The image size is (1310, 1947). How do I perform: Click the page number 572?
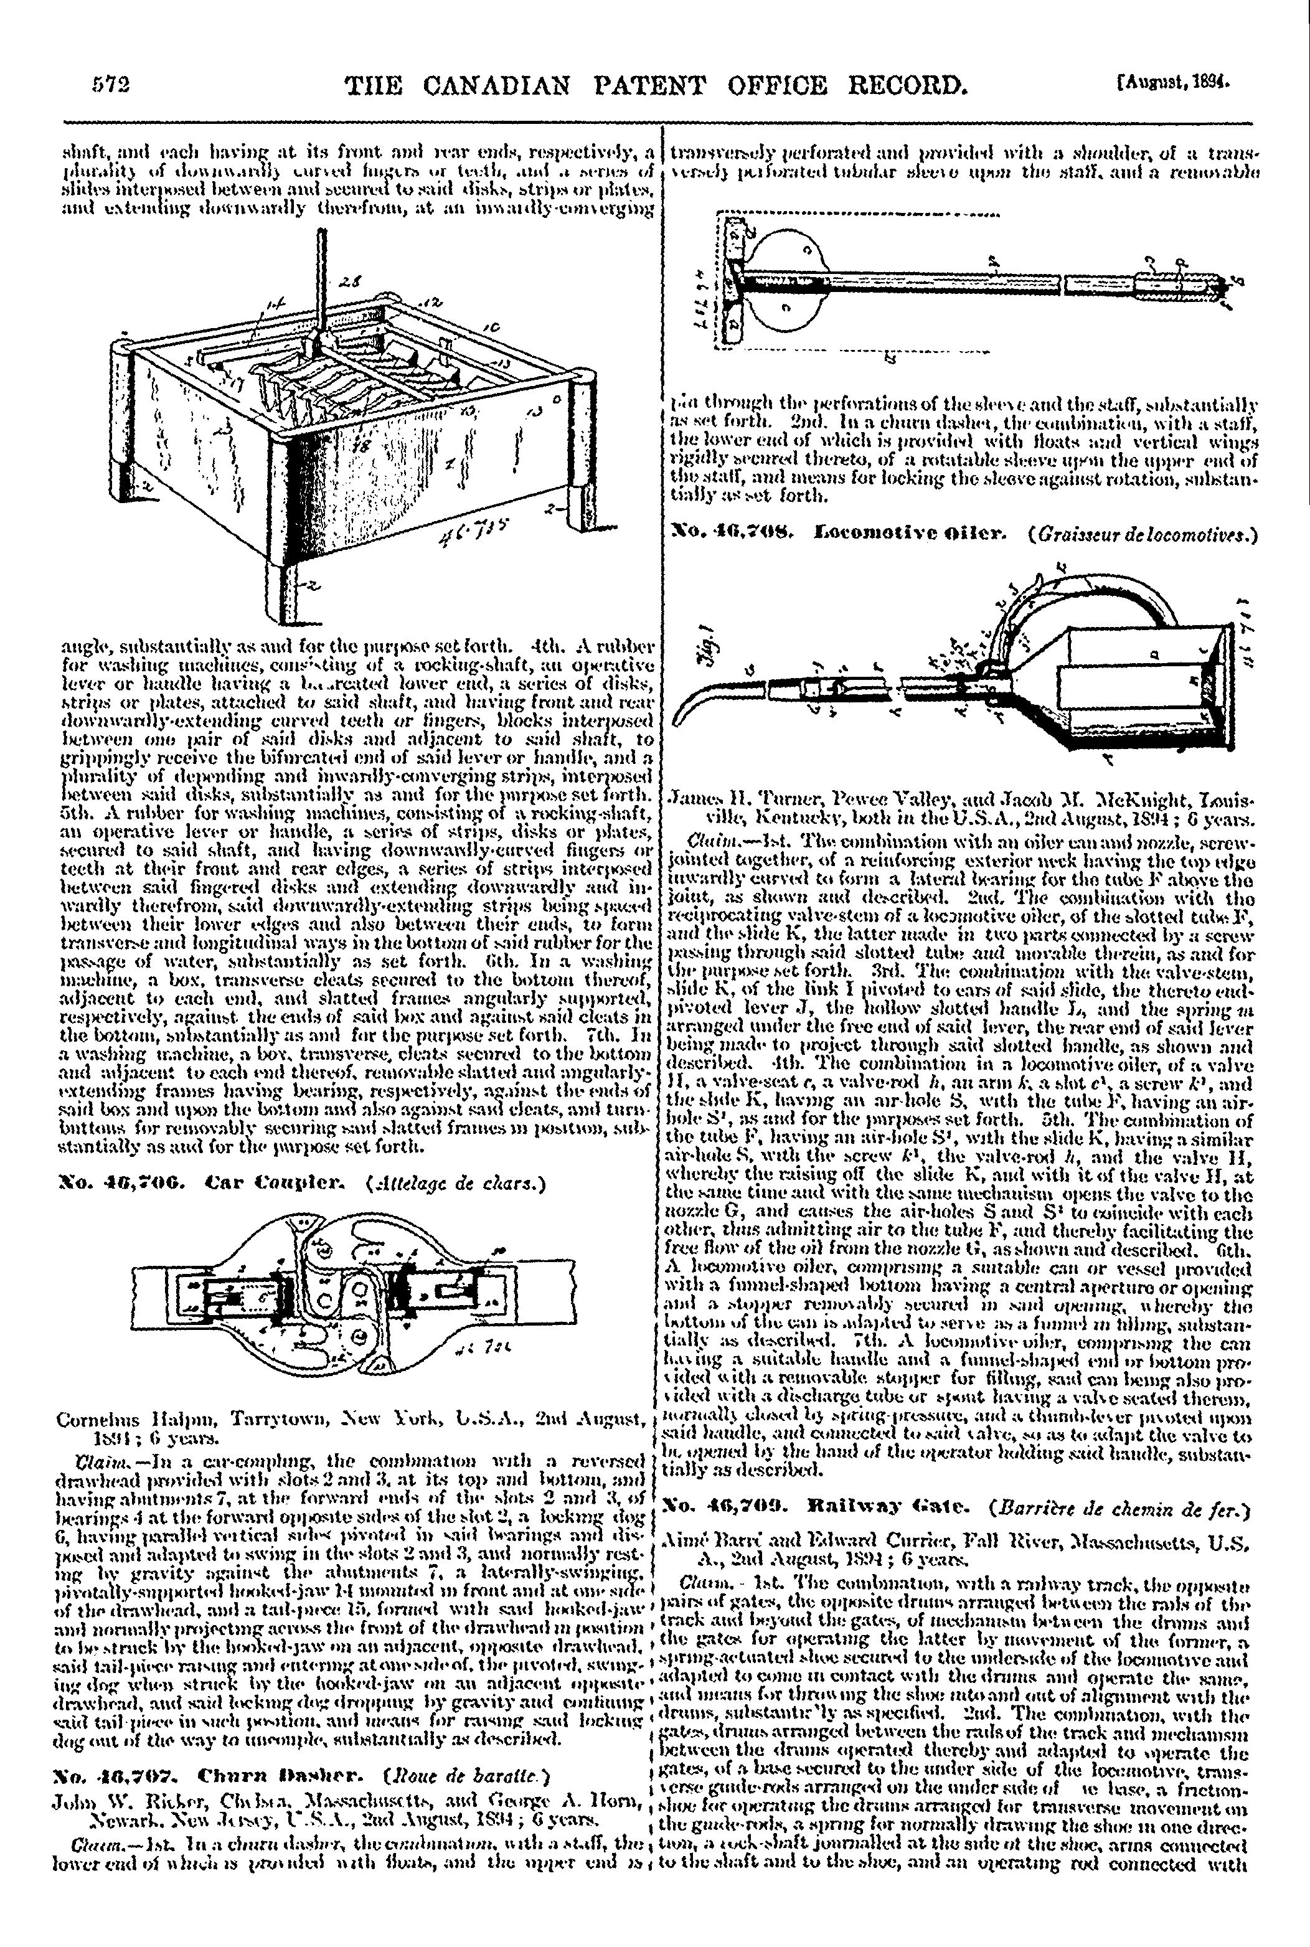(x=112, y=85)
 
